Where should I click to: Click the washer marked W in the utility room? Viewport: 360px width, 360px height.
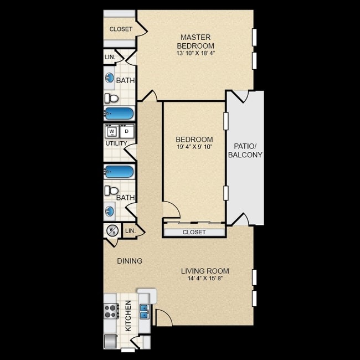tap(112, 132)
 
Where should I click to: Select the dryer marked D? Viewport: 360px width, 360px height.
tap(126, 132)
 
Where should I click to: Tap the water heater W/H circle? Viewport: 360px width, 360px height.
tap(112, 230)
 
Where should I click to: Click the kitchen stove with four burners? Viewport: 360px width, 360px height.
tap(111, 311)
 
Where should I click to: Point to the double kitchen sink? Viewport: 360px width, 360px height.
tap(145, 312)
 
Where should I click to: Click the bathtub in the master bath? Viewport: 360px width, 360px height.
tap(119, 114)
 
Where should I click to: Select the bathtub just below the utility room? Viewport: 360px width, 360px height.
tap(119, 172)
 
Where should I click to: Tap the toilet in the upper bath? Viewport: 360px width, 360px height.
tap(111, 98)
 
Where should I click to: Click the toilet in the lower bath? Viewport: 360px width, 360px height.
tap(111, 191)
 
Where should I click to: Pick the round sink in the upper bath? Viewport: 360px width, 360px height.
tap(110, 78)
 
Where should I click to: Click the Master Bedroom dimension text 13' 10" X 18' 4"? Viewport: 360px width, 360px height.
tap(196, 53)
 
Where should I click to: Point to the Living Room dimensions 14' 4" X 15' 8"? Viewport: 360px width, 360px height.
tap(205, 278)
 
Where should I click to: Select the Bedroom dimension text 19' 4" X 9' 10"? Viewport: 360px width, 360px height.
tap(194, 147)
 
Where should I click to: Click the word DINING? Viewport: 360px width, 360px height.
tap(130, 261)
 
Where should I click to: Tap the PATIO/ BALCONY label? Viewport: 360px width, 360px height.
tap(245, 151)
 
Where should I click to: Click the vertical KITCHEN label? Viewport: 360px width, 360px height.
tap(128, 316)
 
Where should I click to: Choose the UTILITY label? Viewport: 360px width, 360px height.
tap(116, 143)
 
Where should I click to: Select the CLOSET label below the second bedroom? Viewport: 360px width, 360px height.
tap(194, 232)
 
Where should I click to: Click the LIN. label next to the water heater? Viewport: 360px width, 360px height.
tap(130, 230)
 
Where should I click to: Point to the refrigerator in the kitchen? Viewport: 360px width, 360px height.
tap(111, 341)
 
